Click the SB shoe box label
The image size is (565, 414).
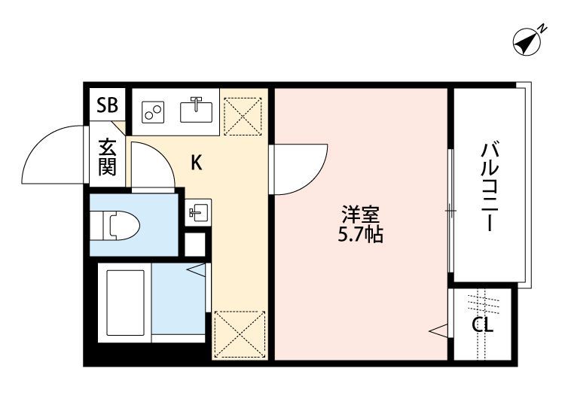[108, 105]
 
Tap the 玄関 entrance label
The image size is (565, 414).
[108, 157]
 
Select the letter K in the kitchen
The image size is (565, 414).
[197, 163]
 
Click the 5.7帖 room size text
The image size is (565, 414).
[360, 235]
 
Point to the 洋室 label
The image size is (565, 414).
[360, 215]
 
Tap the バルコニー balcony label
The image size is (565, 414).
[490, 187]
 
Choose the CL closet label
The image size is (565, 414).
[482, 325]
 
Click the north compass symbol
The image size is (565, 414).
[527, 42]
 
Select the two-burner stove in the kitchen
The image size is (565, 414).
[153, 112]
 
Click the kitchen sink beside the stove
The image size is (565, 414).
[197, 110]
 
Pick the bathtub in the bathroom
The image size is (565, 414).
[125, 303]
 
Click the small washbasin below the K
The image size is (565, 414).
[198, 212]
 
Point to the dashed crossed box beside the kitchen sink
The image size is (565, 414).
[243, 116]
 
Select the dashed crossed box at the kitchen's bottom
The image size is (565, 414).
[240, 334]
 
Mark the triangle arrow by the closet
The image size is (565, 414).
[438, 330]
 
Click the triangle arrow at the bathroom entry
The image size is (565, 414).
[197, 269]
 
